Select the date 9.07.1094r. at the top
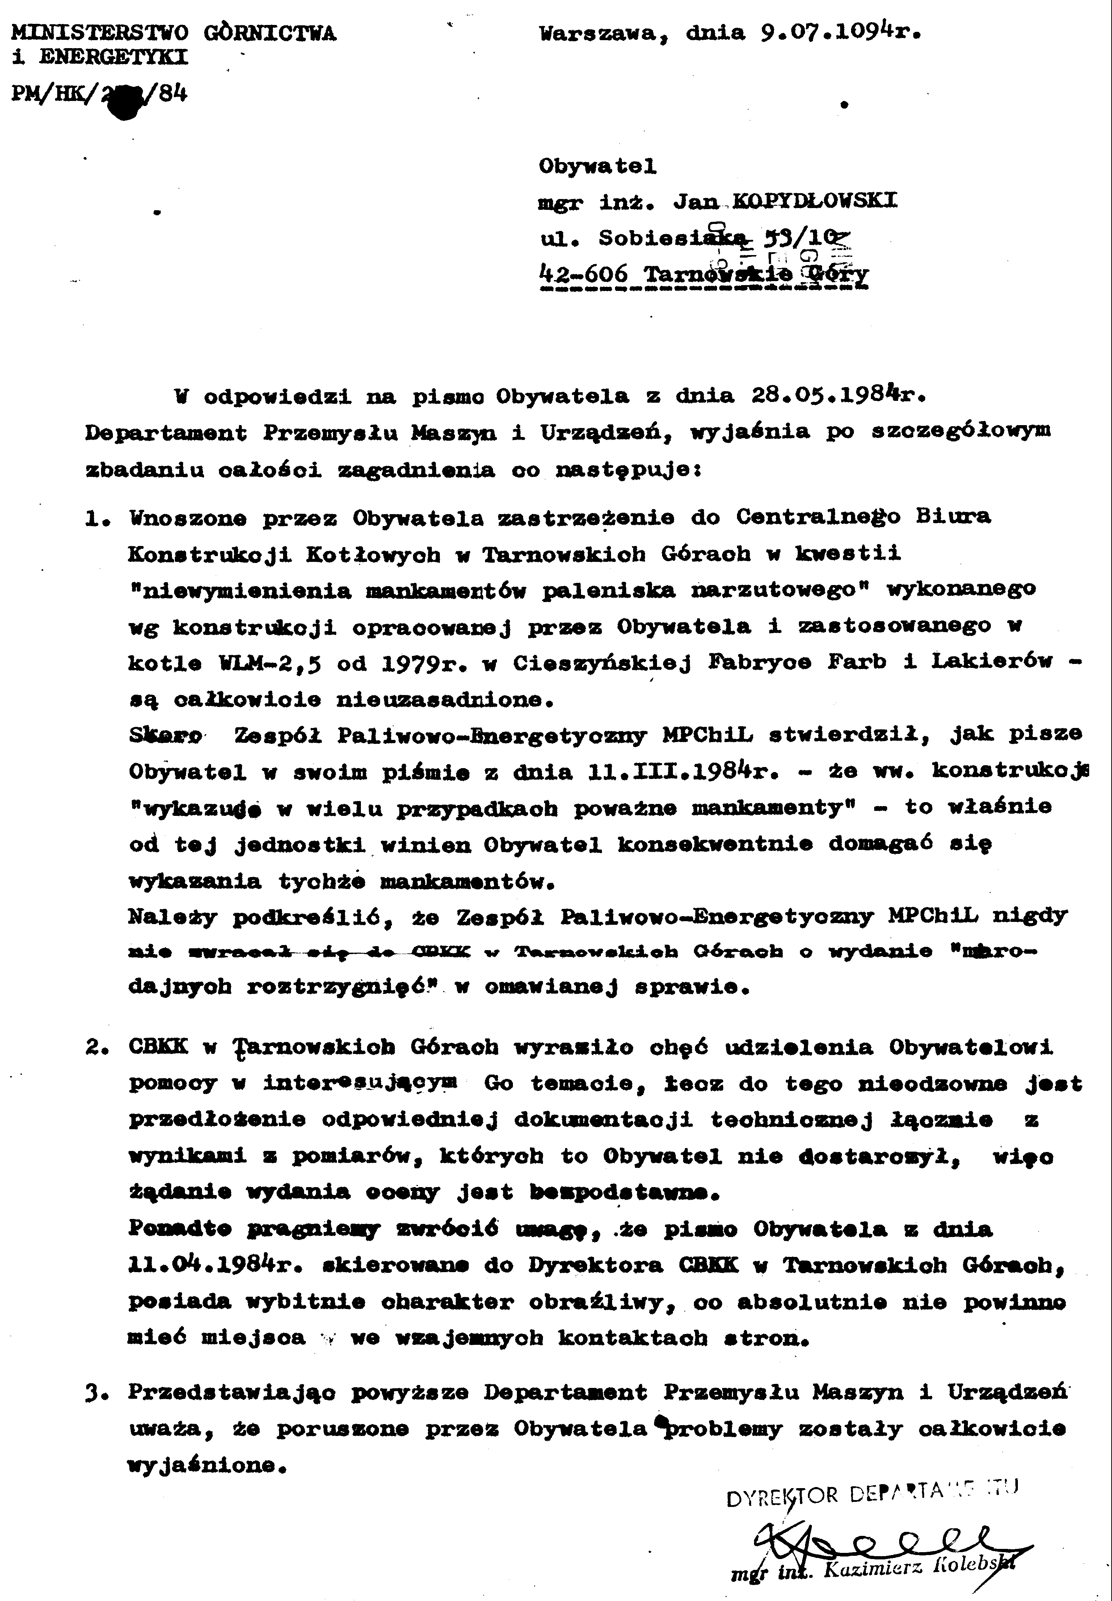(x=839, y=33)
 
